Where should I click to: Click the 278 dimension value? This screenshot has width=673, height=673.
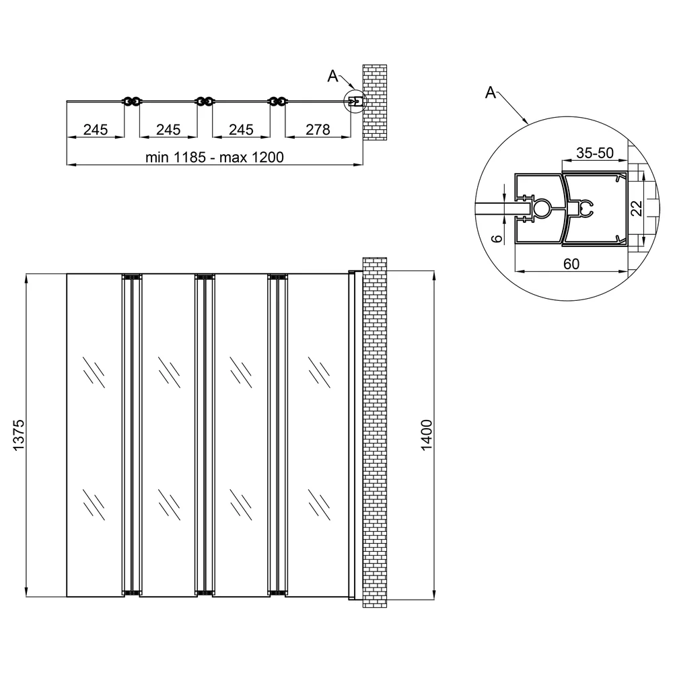(318, 129)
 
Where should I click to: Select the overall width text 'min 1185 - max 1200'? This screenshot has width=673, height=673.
(214, 157)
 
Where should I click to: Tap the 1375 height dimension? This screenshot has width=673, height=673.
(19, 435)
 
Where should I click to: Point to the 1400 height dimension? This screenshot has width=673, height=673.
(426, 435)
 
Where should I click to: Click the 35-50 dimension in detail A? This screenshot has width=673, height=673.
(595, 152)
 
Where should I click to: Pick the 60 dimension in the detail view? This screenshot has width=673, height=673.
(571, 264)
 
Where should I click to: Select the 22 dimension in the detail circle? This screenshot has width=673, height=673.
(638, 209)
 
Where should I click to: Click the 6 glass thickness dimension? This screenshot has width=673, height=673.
(496, 238)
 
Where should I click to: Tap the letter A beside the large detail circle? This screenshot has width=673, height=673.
(490, 92)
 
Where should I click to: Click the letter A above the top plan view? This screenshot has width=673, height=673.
(332, 76)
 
